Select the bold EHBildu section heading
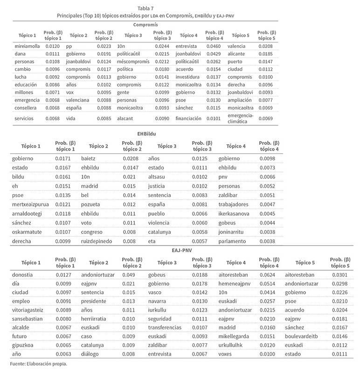point(146,134)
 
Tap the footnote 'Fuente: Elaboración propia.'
point(38,363)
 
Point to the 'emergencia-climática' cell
point(241,118)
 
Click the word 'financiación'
point(188,118)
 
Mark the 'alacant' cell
point(126,118)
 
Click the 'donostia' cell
point(22,274)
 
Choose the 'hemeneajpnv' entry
point(235,283)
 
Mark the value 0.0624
point(268,274)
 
